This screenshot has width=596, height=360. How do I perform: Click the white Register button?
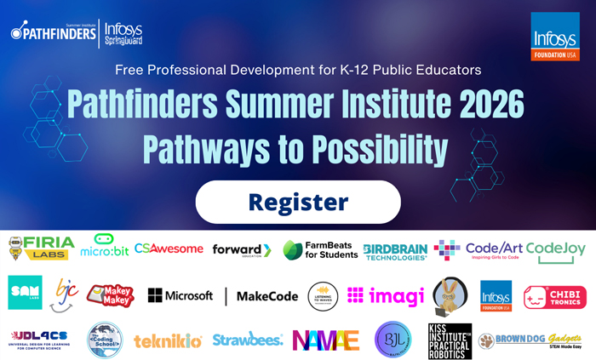coord(298,203)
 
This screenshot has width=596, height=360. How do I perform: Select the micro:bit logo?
coord(104,247)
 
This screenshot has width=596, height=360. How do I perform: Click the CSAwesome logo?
coord(169,249)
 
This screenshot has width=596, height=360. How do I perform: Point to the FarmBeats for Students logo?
coord(320,249)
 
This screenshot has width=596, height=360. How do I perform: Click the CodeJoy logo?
coord(555,249)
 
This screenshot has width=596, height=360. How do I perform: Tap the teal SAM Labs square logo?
coord(25,292)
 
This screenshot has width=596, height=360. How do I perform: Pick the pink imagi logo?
coord(386,295)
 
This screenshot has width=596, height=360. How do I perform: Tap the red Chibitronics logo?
coord(554,297)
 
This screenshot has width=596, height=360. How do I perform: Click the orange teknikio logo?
coord(168,341)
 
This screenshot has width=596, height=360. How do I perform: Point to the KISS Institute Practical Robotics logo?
coord(450,340)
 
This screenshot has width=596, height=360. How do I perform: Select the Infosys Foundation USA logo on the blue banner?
coord(554,37)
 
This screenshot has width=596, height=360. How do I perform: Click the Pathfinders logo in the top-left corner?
coord(51,32)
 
